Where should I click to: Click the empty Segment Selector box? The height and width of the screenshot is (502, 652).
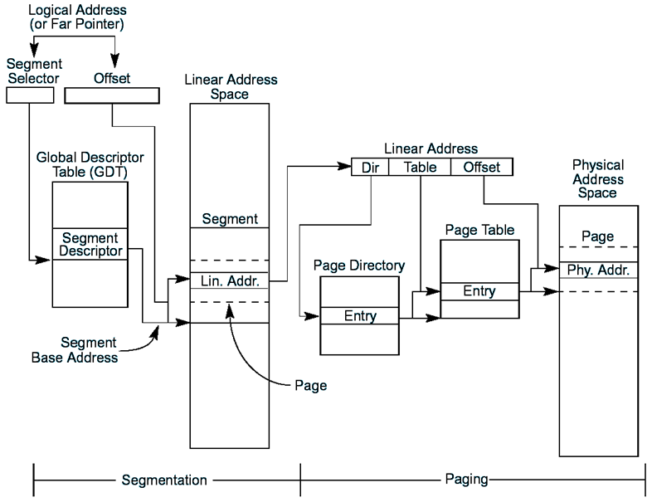[30, 95]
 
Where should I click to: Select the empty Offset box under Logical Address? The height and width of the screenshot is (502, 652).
[112, 95]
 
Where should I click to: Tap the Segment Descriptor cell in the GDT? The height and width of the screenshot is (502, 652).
[90, 244]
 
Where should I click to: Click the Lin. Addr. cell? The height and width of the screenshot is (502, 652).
[230, 280]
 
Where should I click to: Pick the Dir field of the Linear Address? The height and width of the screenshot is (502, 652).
[370, 167]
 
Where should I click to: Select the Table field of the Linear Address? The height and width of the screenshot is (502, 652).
[420, 167]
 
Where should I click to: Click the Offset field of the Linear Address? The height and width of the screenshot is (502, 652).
[481, 167]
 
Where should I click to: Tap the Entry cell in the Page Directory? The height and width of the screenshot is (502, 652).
[360, 315]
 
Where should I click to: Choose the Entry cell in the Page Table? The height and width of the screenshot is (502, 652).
[479, 291]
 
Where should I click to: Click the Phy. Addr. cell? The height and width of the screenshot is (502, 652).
[598, 270]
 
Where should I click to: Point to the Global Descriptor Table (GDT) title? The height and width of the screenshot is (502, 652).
[90, 164]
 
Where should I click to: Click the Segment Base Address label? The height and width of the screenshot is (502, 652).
[75, 350]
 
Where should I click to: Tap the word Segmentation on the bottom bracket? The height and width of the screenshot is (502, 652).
[164, 480]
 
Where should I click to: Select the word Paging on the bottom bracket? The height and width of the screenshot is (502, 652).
[466, 479]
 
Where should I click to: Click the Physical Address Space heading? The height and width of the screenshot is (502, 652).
[598, 179]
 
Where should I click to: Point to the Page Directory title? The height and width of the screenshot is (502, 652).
[359, 266]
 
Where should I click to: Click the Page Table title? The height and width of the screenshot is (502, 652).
[479, 230]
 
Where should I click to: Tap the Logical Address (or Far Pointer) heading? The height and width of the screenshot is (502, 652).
[77, 17]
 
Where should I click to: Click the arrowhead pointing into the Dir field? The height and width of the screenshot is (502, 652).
[344, 166]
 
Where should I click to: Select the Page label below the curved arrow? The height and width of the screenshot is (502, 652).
[310, 386]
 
